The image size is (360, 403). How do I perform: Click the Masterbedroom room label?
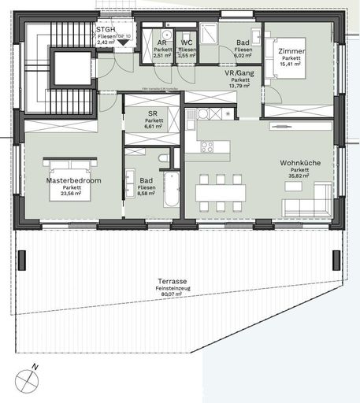(73, 180)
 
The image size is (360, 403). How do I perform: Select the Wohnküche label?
(299, 163)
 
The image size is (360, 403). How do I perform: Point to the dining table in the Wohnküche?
(221, 192)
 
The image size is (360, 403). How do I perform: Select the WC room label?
(187, 43)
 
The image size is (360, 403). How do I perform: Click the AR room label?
(161, 43)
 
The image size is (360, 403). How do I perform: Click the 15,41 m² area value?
(291, 65)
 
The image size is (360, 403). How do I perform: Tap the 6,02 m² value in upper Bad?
(243, 56)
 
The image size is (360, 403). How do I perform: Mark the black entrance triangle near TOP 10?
(122, 43)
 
